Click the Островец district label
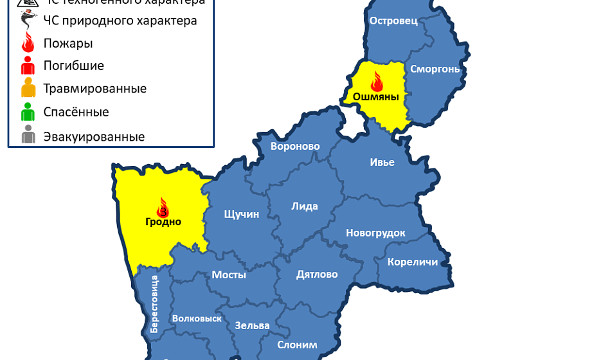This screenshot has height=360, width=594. point(393,21)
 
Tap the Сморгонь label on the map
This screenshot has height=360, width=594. point(435,69)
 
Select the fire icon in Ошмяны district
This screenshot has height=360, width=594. point(376,82)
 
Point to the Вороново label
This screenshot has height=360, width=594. point(295,147)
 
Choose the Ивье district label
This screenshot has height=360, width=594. point(382,162)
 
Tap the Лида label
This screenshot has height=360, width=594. point(305,206)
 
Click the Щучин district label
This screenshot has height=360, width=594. point(241,214)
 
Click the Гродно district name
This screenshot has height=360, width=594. point(163,222)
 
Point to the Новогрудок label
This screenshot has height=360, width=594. point(375,233)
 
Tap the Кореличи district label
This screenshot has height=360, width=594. point(412,262)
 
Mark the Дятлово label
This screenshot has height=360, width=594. point(317,274)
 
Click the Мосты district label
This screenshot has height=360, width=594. point(229,274)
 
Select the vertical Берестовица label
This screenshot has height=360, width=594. point(154,303)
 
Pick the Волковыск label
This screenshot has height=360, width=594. point(197,318)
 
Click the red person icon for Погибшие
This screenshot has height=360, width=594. point(28,66)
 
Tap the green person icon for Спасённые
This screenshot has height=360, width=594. point(28,113)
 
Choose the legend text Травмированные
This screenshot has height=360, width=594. point(94,89)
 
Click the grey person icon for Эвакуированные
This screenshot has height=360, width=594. point(28,136)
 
